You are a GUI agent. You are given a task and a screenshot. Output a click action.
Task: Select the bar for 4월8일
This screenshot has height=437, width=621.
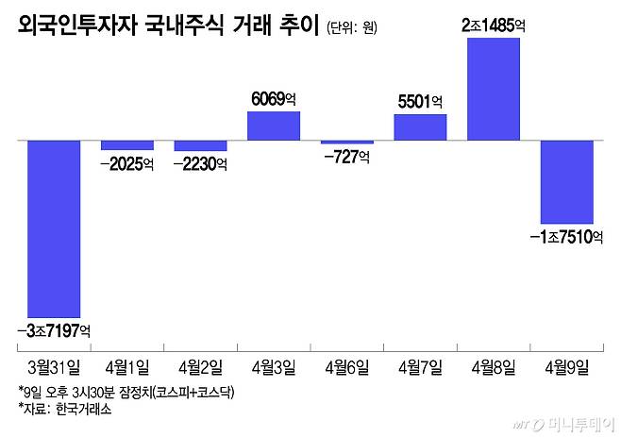click(x=493, y=89)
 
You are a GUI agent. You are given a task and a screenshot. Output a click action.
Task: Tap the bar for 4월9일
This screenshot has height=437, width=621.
click(x=566, y=181)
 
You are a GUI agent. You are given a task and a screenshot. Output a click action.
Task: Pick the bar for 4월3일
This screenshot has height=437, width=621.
click(x=273, y=126)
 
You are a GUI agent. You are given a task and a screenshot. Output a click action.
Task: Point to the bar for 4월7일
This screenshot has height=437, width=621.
click(x=420, y=127)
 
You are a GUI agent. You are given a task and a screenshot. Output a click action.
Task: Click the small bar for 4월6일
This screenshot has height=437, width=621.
click(x=346, y=143)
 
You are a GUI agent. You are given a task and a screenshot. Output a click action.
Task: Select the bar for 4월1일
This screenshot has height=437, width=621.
click(x=126, y=145)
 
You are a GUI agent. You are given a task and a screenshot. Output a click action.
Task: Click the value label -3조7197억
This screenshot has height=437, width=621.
click(x=54, y=329)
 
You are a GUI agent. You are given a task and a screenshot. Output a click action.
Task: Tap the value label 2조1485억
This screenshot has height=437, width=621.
click(x=493, y=26)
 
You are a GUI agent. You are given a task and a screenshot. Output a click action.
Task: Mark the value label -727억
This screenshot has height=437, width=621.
click(x=346, y=157)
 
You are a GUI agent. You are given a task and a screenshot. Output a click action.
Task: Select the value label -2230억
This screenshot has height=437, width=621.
click(x=200, y=163)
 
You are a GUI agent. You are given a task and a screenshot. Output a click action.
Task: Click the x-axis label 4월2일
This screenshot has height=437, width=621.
click(x=200, y=365)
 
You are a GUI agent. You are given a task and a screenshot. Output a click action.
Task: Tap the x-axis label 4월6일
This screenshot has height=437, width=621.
click(x=346, y=365)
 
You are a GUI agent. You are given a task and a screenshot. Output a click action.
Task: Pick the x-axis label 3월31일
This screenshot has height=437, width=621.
click(x=54, y=365)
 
